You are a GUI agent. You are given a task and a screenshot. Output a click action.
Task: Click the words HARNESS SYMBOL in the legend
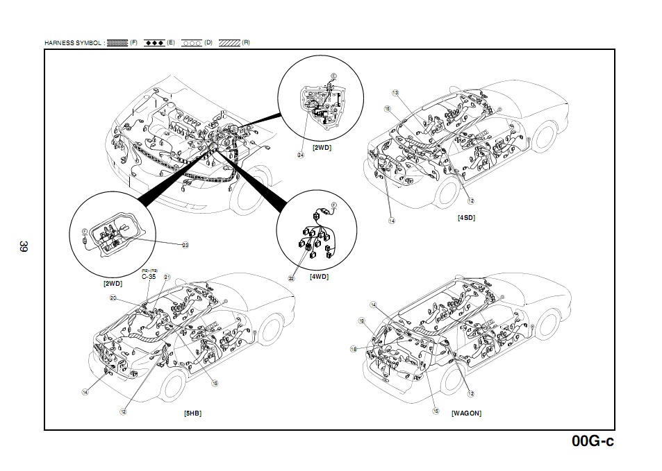point(74,42)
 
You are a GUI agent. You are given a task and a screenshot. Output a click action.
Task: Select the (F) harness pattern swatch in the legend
point(118,42)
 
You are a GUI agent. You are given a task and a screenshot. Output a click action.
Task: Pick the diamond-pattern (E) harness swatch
point(154,42)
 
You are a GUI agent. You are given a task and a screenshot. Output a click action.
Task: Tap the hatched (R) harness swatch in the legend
point(229,42)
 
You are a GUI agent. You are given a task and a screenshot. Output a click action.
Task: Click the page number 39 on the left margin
point(23,246)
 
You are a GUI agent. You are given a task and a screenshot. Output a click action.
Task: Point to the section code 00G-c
point(593,441)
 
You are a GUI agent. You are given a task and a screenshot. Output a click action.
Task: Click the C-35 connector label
point(149,275)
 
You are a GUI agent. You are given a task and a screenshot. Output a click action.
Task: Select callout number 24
point(301,155)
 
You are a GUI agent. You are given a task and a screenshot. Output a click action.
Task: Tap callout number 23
point(185,244)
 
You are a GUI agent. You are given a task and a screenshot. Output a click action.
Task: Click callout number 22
point(292,278)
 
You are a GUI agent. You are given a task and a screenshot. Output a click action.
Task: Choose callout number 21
point(167,277)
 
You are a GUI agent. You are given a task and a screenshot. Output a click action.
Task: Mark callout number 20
point(113,298)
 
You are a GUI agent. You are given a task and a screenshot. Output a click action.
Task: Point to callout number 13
point(395,92)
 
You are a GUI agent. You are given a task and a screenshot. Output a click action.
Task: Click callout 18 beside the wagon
point(354,349)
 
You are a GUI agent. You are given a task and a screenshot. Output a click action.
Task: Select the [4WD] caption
point(319,277)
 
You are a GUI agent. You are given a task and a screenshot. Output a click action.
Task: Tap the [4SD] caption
point(466,218)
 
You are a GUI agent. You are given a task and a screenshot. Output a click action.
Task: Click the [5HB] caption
point(192,413)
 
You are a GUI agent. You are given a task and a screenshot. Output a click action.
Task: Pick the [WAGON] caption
point(466,413)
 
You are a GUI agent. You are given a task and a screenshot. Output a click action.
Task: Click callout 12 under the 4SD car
point(470,200)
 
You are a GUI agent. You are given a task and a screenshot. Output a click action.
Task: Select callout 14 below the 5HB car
point(85,393)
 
